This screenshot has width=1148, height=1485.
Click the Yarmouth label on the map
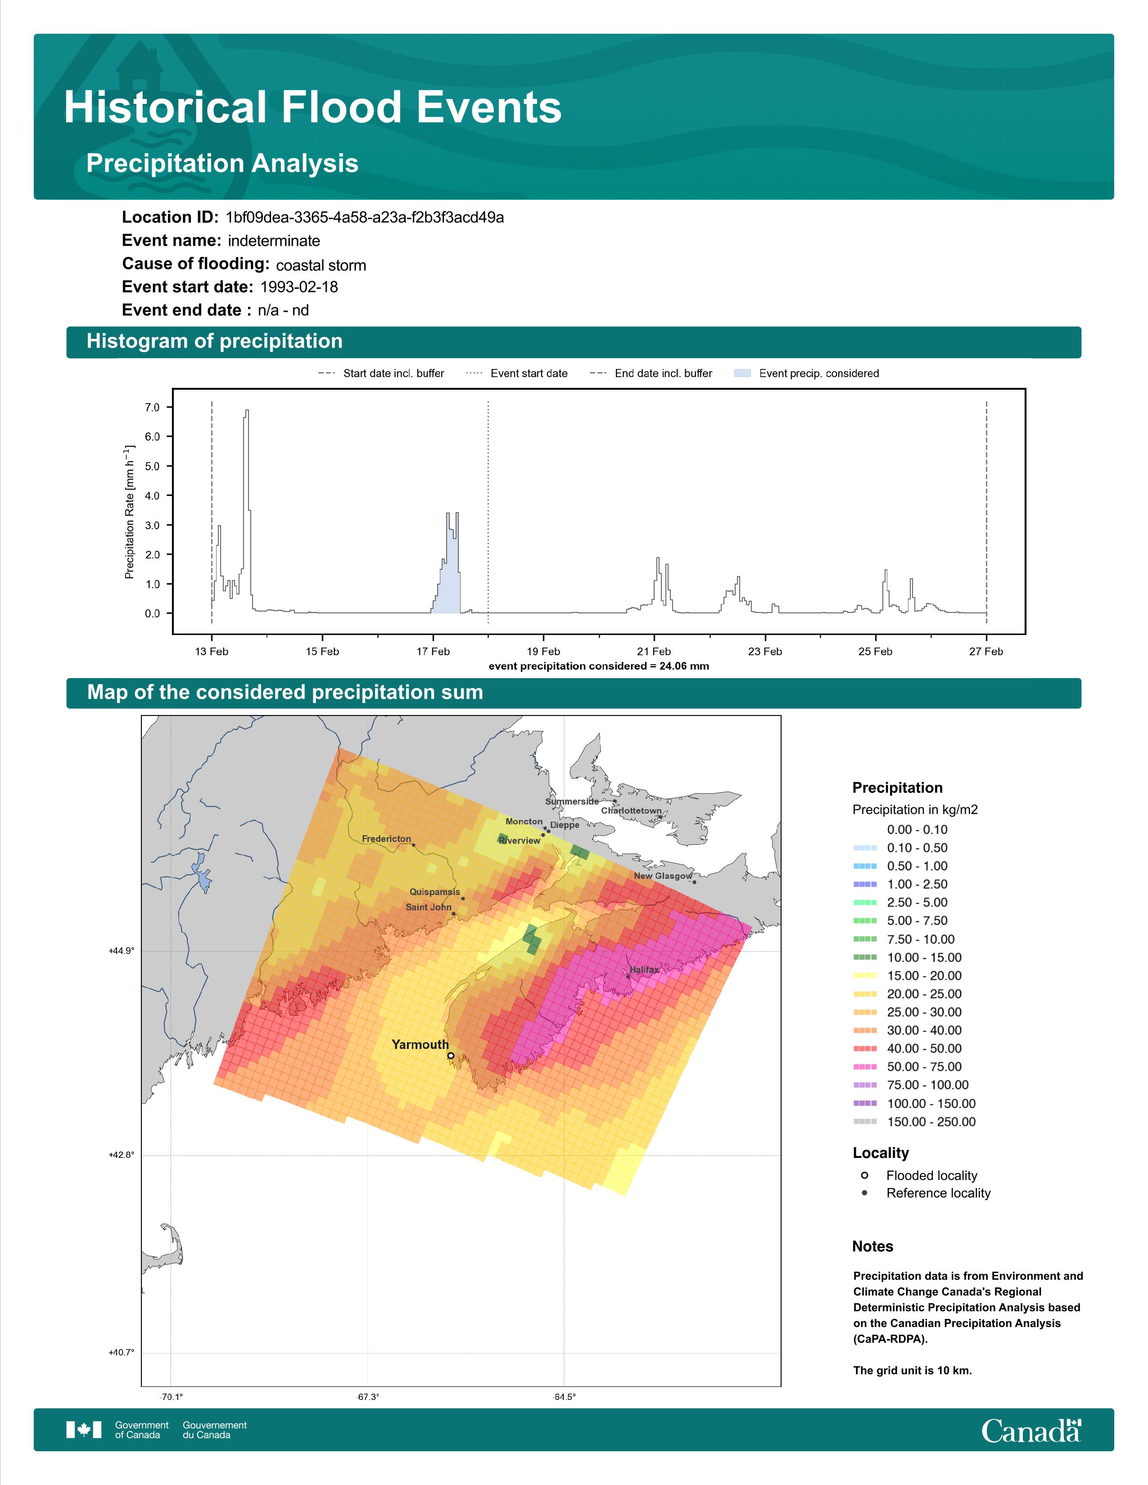point(420,1044)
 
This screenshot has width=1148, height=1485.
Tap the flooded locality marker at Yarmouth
point(451,1056)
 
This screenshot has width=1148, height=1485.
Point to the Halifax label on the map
point(644,970)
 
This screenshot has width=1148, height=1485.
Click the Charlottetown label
point(631,810)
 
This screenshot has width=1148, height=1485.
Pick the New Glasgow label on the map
point(663,876)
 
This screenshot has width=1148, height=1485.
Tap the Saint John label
point(429,907)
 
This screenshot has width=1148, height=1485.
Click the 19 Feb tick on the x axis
point(543,652)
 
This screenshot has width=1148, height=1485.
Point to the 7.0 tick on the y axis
point(152,407)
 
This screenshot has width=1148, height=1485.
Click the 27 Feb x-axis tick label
point(986,652)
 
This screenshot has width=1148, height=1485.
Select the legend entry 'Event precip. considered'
point(807,373)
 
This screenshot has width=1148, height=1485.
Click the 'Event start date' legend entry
point(517,373)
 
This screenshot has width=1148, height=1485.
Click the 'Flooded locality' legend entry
point(919,1175)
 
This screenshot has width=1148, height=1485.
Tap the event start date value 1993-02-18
point(299,287)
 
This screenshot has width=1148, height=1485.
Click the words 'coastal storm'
point(321,265)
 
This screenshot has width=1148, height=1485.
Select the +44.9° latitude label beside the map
point(122,950)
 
